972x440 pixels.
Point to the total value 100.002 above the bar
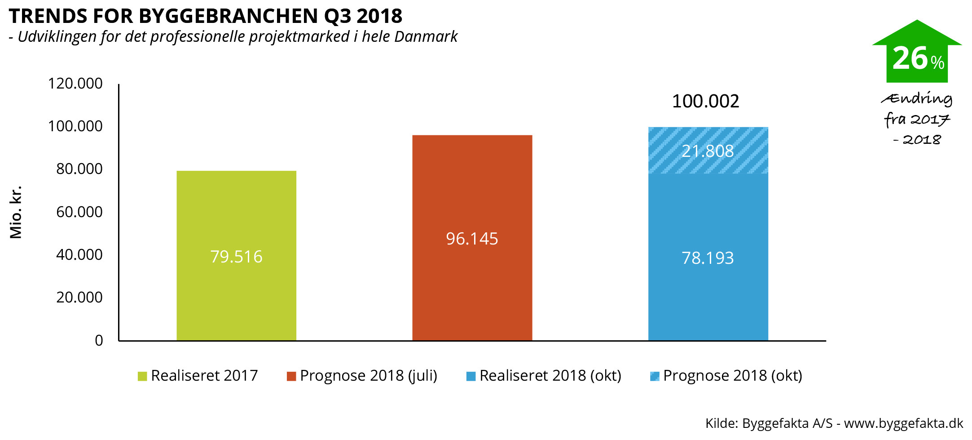(x=705, y=101)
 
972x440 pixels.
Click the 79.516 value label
(x=236, y=257)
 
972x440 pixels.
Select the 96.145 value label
(x=472, y=239)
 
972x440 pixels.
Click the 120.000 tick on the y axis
(x=75, y=84)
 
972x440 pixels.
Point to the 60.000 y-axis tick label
(x=79, y=212)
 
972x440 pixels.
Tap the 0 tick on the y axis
(x=99, y=341)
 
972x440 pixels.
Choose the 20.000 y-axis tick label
(x=79, y=298)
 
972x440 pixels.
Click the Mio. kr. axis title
(x=16, y=212)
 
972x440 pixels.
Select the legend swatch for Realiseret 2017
(x=142, y=376)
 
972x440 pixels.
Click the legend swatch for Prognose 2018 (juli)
(x=291, y=376)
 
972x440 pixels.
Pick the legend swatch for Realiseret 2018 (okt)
(x=471, y=376)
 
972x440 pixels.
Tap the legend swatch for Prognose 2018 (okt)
(x=655, y=376)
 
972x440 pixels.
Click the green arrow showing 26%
(x=917, y=54)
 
